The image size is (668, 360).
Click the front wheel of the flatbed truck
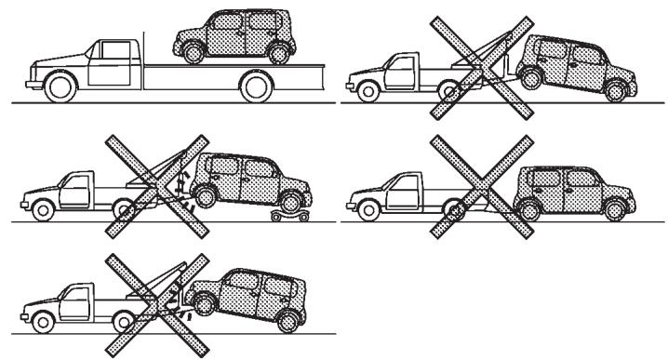coord(60,87)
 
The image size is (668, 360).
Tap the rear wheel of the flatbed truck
coord(256,87)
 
